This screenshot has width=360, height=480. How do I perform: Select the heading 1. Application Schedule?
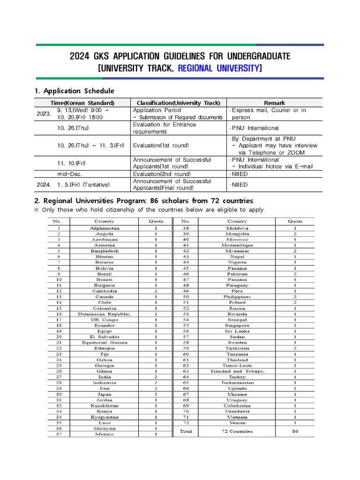click(74, 91)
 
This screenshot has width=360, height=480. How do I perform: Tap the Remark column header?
click(274, 103)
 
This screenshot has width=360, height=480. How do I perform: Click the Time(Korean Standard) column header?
click(82, 103)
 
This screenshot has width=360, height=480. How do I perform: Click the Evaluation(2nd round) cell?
click(162, 174)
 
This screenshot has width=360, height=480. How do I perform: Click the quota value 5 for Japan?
click(156, 394)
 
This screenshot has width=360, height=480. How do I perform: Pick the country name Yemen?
click(237, 423)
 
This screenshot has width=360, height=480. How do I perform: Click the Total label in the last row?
click(186, 431)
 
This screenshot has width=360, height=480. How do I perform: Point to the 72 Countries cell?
click(237, 431)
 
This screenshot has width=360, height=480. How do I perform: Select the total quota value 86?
click(295, 431)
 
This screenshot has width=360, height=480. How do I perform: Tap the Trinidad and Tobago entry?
click(237, 371)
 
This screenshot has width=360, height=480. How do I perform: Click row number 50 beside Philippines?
click(186, 297)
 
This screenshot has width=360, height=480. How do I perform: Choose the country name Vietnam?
click(237, 417)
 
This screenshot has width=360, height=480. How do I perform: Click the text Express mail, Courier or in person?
click(269, 114)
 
